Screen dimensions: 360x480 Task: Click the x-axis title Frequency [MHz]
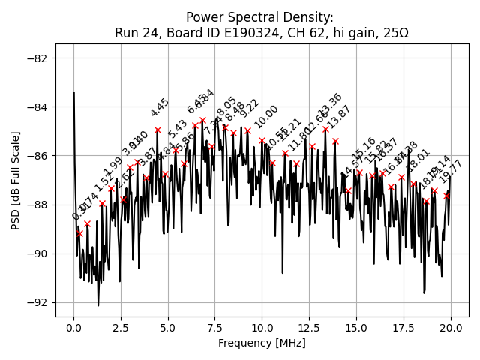point(262,343)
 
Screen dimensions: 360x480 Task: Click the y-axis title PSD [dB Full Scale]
point(16,180)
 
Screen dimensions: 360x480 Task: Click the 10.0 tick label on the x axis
point(262,327)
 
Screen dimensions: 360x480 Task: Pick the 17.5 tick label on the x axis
point(403,327)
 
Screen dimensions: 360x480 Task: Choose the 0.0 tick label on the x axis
point(73,327)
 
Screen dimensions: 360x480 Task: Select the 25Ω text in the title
point(394,33)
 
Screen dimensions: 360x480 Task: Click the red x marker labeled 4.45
point(157,130)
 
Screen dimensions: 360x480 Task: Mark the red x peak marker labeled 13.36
point(325,129)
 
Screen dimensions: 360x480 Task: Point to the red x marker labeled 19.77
point(447,196)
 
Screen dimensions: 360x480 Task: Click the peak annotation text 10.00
point(266,116)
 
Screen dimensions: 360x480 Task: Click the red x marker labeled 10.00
point(262,140)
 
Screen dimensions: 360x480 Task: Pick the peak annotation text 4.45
point(160,107)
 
